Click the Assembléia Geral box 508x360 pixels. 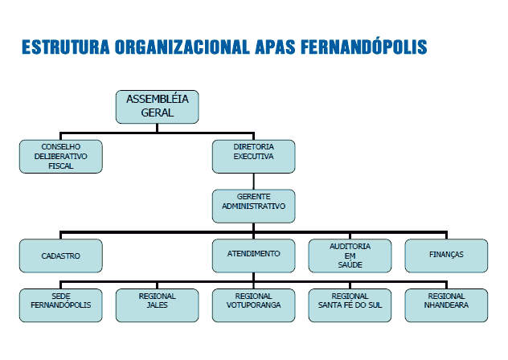157,107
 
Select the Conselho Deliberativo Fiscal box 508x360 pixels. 61,157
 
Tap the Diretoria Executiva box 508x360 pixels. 254,157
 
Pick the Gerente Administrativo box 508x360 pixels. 254,206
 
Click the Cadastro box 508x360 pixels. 61,256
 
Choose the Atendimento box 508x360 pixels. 254,256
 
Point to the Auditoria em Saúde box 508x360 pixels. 350,256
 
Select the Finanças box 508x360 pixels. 446,256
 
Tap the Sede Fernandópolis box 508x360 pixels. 61,305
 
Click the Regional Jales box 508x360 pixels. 157,305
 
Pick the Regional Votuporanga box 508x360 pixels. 254,305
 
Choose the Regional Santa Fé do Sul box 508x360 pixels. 350,305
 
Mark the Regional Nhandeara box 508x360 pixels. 446,305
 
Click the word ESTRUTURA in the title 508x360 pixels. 66,47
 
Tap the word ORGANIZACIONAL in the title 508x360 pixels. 182,47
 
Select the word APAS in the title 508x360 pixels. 275,47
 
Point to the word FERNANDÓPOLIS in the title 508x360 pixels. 364,46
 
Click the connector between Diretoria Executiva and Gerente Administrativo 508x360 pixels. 254,182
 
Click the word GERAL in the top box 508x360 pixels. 157,112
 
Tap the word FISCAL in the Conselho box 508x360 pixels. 61,166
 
